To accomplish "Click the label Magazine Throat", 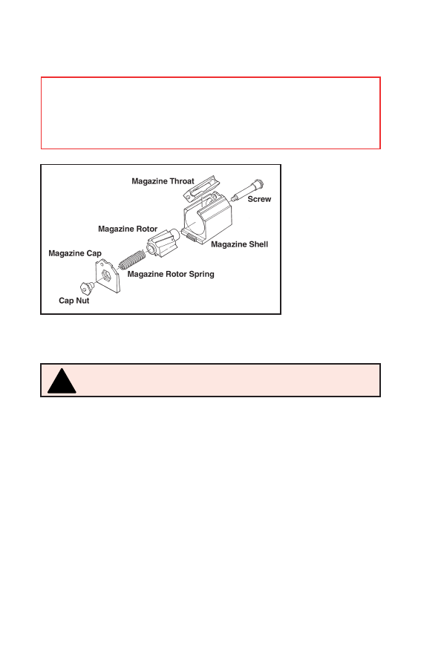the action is click(163, 181).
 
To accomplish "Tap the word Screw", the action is click(259, 199).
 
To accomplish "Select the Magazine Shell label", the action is click(239, 244).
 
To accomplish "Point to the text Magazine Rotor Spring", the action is click(171, 274).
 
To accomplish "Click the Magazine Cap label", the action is click(74, 253).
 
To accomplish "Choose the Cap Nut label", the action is click(74, 301).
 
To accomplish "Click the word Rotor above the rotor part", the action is click(146, 229).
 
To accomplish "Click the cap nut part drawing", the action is click(88, 288).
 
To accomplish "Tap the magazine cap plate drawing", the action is click(108, 277).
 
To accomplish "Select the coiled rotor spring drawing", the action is click(131, 260).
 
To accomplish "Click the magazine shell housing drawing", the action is click(207, 218).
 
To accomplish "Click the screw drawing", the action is click(247, 191).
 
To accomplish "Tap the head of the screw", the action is click(259, 184).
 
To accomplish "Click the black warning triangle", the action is click(62, 381).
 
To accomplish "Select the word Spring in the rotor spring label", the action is click(201, 274).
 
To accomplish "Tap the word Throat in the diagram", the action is click(182, 181).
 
